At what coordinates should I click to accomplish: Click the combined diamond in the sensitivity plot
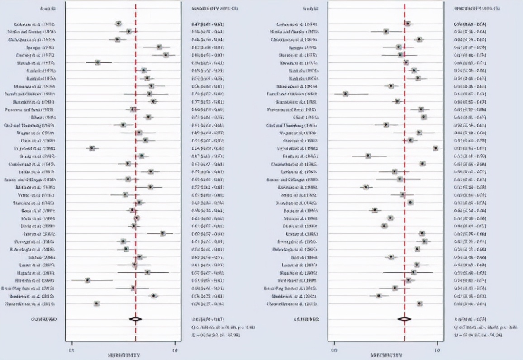pos(135,319)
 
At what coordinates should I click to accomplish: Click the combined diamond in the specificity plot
pos(404,319)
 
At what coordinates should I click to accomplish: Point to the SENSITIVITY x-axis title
pos(124,355)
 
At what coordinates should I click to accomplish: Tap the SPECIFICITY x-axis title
pos(386,355)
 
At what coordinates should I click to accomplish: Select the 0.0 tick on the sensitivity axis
pos(71,350)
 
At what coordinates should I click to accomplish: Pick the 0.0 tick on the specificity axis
pos(334,350)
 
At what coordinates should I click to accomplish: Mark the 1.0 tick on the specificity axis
pos(437,350)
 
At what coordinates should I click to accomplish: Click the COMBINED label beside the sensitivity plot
pos(43,319)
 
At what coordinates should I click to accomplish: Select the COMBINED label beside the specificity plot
pos(306,319)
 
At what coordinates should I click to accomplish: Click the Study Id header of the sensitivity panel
pos(47,9)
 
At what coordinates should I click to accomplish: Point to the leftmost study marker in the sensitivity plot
pos(88,280)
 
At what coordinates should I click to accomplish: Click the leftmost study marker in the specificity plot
pos(346,94)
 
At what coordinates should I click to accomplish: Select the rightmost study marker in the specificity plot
pos(435,148)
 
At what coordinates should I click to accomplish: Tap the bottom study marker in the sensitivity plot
pos(96,303)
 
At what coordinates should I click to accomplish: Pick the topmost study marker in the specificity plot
pos(407,24)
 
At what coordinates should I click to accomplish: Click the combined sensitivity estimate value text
pos(208,319)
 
